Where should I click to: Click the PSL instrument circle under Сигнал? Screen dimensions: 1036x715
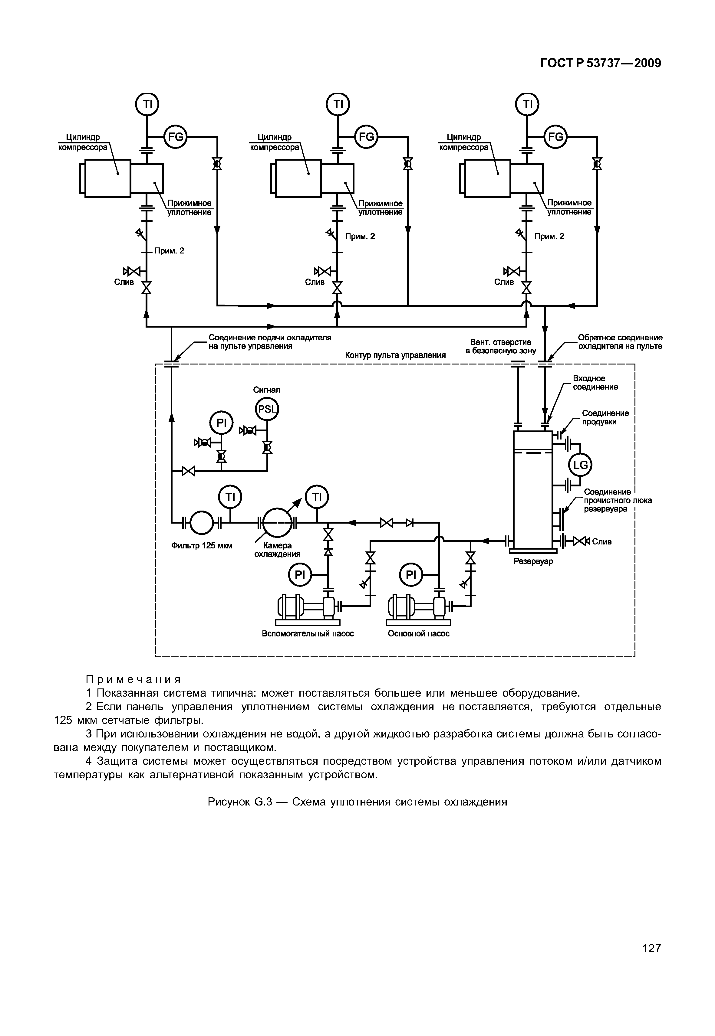coord(267,409)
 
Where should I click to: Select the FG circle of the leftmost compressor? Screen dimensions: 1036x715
coord(176,136)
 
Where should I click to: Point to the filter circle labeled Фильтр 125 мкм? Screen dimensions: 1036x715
coord(202,522)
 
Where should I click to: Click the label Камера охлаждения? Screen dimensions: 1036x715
coord(277,550)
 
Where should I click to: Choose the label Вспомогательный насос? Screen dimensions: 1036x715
coord(308,633)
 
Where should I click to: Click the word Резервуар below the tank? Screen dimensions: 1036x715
coord(533,561)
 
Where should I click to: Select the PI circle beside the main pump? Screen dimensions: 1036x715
coord(411,574)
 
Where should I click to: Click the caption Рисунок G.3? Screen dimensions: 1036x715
coord(357,802)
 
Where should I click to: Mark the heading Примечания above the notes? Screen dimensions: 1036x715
coord(133,680)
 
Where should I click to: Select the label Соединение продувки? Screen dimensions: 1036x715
coord(605,417)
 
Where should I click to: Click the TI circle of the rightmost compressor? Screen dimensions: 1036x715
coord(528,104)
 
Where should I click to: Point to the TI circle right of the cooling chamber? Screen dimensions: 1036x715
coord(317,497)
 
